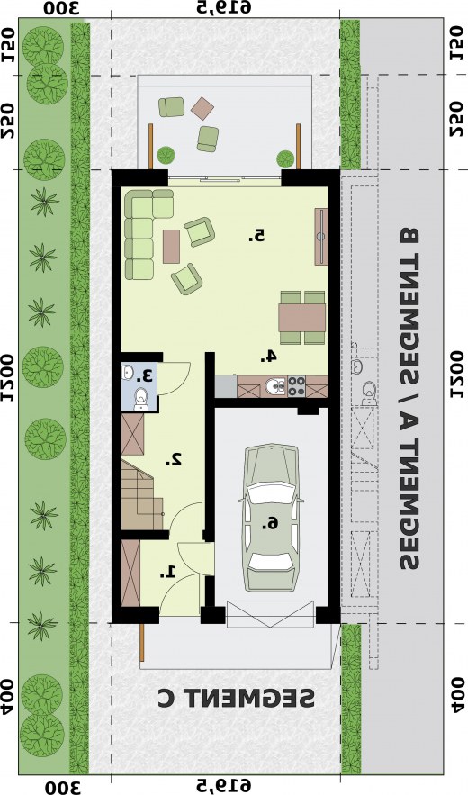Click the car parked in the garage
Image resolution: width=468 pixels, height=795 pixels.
click(272, 519)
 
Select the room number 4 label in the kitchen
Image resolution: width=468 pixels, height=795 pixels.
click(268, 356)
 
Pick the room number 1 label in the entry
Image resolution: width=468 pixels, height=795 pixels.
click(167, 571)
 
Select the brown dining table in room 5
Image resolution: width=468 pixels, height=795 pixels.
click(301, 318)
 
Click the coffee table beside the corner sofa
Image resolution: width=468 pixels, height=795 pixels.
click(172, 246)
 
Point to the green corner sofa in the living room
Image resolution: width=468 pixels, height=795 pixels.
click(141, 230)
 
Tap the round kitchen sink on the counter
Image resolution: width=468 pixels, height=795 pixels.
click(274, 388)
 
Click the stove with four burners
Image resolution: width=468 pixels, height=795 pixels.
click(293, 387)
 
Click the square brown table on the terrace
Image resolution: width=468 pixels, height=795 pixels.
click(202, 108)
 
